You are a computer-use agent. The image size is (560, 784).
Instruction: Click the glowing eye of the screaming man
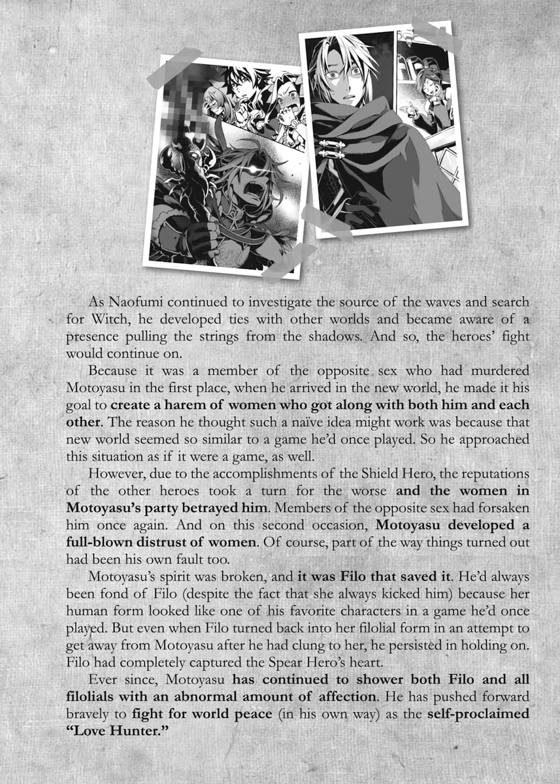250,171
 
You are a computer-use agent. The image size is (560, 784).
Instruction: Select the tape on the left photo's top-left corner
174,67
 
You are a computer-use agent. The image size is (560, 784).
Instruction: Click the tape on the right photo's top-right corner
436,34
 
